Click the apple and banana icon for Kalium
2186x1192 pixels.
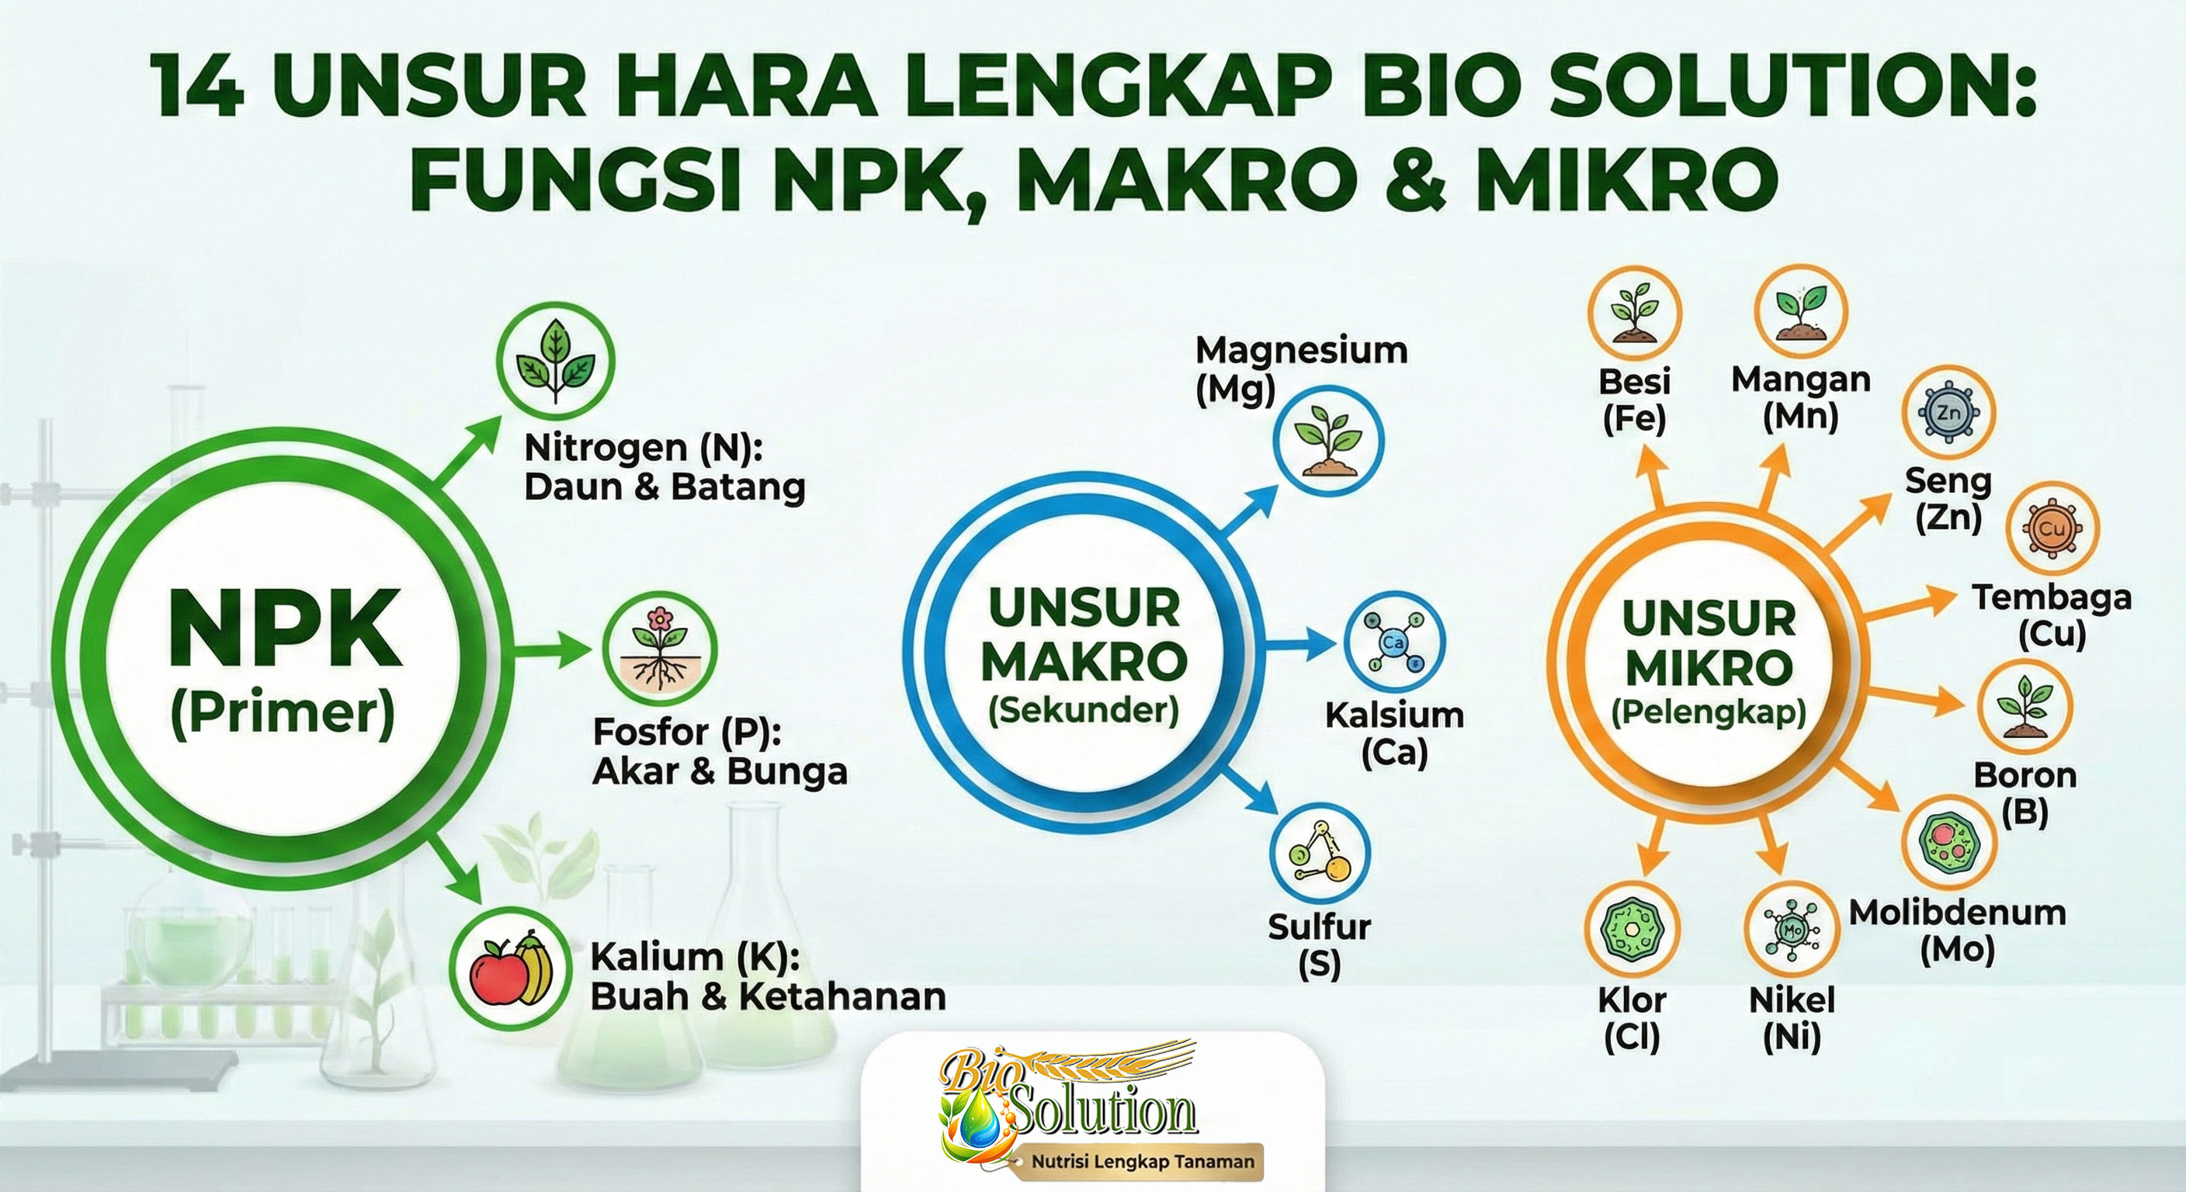pos(509,968)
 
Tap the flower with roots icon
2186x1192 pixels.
pos(659,649)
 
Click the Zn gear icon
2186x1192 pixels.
pos(1948,412)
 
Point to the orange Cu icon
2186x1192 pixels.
pos(2051,528)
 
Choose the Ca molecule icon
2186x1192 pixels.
pos(1393,643)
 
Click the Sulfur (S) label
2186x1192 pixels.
pos(1319,944)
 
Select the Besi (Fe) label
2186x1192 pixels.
pos(1633,400)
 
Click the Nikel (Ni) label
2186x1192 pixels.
pos(1792,1018)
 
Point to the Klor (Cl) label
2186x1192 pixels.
pos(1631,1018)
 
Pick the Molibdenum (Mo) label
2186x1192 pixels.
pos(1957,930)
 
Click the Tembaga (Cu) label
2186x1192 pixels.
pos(2051,615)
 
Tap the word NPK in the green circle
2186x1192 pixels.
pos(284,629)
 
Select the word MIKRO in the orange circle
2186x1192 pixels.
pos(1709,667)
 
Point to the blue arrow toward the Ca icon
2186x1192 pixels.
pos(1299,643)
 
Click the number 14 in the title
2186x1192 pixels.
pos(198,87)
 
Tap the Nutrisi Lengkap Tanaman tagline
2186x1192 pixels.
pos(1142,1162)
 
